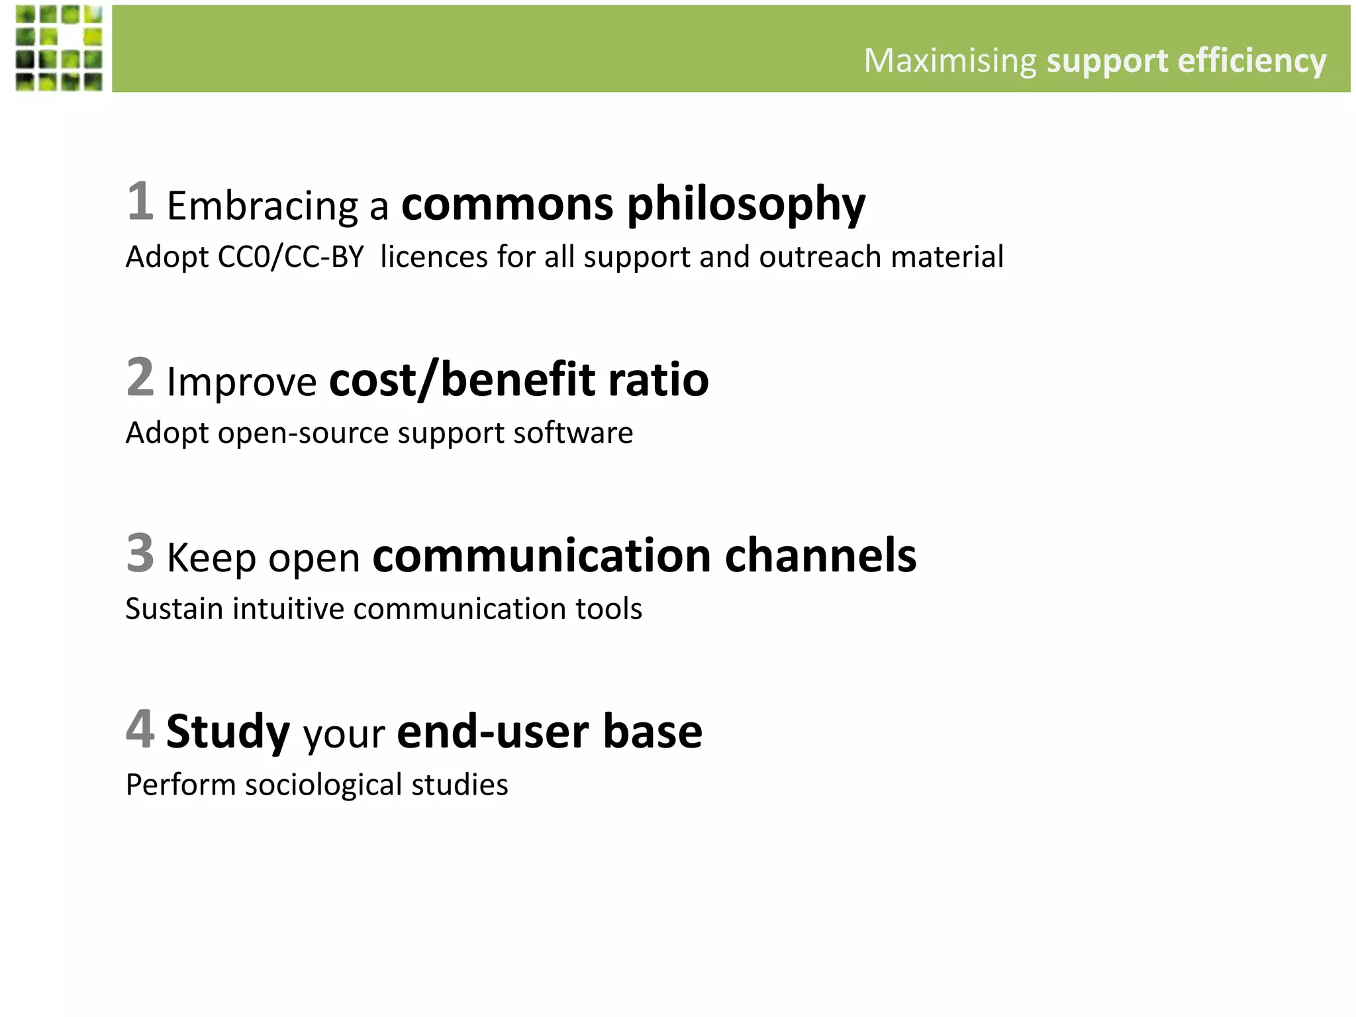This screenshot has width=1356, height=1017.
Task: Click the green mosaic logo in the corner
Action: pyautogui.click(x=60, y=48)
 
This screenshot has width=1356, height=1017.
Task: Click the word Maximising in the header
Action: pyautogui.click(x=949, y=61)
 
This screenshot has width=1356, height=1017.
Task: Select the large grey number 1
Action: pyautogui.click(x=140, y=201)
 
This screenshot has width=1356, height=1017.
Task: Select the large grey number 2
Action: pyautogui.click(x=140, y=377)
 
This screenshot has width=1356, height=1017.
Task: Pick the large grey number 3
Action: pyautogui.click(x=140, y=553)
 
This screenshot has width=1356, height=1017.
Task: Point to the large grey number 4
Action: pyautogui.click(x=140, y=729)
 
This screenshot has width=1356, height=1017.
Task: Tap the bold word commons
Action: pyautogui.click(x=507, y=204)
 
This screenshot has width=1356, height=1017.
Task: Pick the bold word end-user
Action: pyautogui.click(x=493, y=731)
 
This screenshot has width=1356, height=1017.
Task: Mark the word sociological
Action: pyautogui.click(x=324, y=785)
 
